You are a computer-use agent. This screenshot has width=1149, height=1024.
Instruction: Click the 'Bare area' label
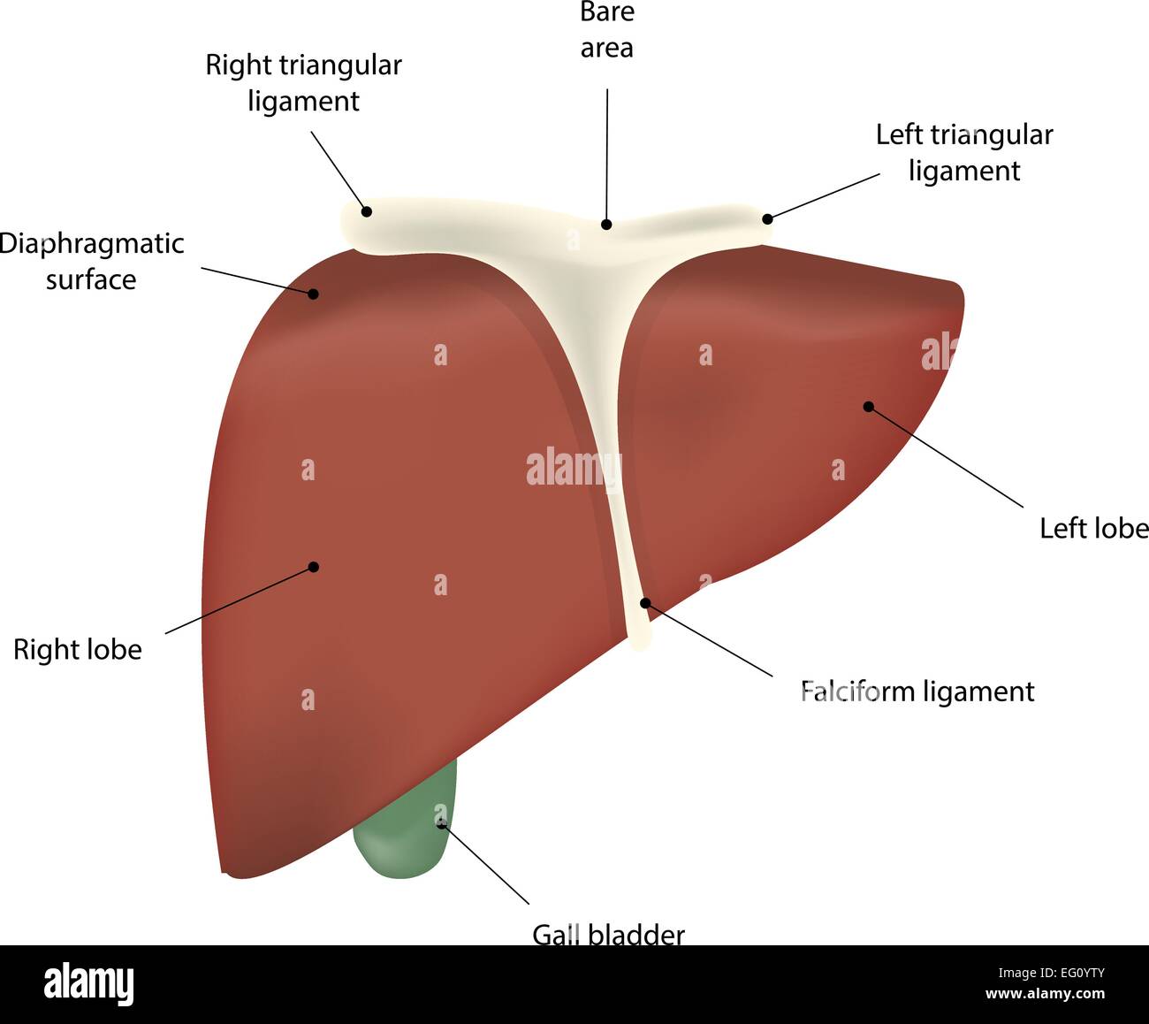(606, 30)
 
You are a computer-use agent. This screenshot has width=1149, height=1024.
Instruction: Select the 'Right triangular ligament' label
(303, 82)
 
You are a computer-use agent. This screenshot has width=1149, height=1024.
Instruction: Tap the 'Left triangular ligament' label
(964, 152)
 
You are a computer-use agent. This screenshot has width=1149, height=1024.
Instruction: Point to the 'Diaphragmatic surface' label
(91, 261)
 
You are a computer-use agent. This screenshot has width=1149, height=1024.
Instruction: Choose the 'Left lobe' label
(1093, 528)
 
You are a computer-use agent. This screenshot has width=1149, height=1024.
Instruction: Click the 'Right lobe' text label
(78, 650)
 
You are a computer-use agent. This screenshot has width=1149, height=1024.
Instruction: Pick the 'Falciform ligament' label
(917, 691)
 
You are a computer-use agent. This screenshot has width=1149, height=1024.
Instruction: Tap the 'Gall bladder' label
(608, 934)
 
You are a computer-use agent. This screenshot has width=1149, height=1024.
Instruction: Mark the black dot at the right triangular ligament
(366, 211)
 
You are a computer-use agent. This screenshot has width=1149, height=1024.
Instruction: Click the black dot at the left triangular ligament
(767, 218)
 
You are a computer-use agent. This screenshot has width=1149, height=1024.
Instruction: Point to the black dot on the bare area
(606, 225)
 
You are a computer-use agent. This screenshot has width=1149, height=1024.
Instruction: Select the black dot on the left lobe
(868, 407)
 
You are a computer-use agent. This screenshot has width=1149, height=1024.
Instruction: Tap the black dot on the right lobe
(313, 567)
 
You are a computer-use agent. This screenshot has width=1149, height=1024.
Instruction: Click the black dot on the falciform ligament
(645, 603)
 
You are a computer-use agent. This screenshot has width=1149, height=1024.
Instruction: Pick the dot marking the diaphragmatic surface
(314, 294)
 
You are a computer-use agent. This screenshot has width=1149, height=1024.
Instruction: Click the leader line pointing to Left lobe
(946, 457)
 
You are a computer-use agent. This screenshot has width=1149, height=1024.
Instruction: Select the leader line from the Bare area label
(607, 150)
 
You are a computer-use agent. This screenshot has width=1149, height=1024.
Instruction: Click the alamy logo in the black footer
(89, 983)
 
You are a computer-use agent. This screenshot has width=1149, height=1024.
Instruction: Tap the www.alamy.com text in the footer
(1045, 994)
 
